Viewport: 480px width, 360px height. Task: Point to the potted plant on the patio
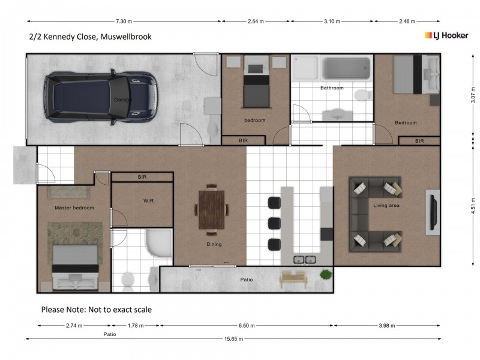pos(326,275)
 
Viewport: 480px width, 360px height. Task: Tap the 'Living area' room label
pos(386,206)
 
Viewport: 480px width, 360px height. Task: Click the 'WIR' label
pos(149,201)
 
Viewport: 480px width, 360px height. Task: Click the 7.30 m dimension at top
pos(124,21)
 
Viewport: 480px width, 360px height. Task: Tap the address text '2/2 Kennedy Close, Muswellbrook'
pos(90,37)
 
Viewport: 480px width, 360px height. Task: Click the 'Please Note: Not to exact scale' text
pos(96,310)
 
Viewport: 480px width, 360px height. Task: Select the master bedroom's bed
pos(74,267)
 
